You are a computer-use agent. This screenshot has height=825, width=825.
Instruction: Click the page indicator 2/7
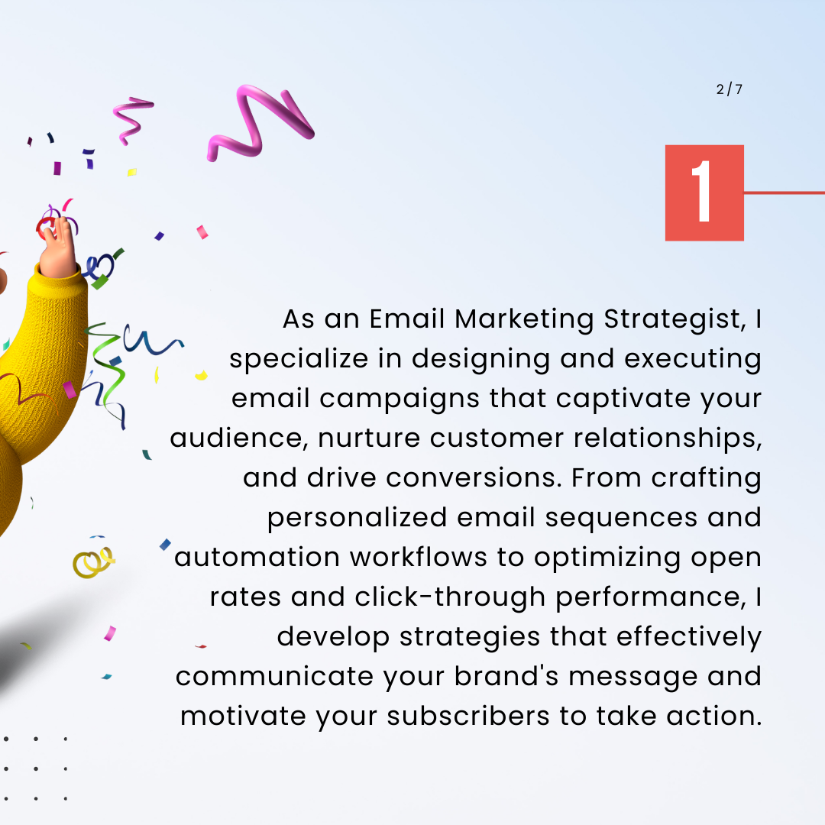click(x=730, y=89)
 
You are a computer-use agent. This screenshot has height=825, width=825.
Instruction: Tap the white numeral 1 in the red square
click(x=703, y=191)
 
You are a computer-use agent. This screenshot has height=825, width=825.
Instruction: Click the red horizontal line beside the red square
click(x=784, y=192)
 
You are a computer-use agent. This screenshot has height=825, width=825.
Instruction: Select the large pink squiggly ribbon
click(x=260, y=123)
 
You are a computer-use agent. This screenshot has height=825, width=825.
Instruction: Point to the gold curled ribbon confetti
click(x=93, y=562)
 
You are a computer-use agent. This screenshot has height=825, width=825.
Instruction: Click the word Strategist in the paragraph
click(x=675, y=319)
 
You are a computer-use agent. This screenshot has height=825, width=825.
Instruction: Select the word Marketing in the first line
click(x=524, y=319)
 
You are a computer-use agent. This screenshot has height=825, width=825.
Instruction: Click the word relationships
click(x=668, y=438)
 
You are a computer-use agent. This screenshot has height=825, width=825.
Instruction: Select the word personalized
click(x=357, y=518)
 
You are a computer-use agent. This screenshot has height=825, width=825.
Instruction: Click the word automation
click(x=257, y=558)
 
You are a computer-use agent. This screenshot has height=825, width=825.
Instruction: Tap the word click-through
click(x=450, y=597)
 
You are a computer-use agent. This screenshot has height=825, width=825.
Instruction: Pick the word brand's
click(x=506, y=677)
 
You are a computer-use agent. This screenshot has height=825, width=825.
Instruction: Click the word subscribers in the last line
click(x=468, y=717)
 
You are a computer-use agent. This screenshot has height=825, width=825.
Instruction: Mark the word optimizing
click(x=607, y=558)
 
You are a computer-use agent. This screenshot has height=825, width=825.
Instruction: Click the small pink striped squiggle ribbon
click(x=133, y=120)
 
